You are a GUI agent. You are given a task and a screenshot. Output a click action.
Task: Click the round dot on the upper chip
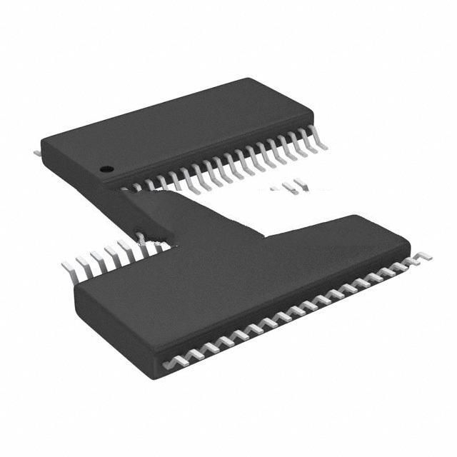106,169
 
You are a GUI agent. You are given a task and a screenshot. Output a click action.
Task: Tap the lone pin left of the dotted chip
37,152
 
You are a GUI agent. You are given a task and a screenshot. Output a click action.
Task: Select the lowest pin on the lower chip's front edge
169,363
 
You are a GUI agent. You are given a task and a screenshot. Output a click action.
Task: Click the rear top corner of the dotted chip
246,79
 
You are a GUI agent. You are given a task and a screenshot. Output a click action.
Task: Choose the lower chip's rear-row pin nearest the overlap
143,247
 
